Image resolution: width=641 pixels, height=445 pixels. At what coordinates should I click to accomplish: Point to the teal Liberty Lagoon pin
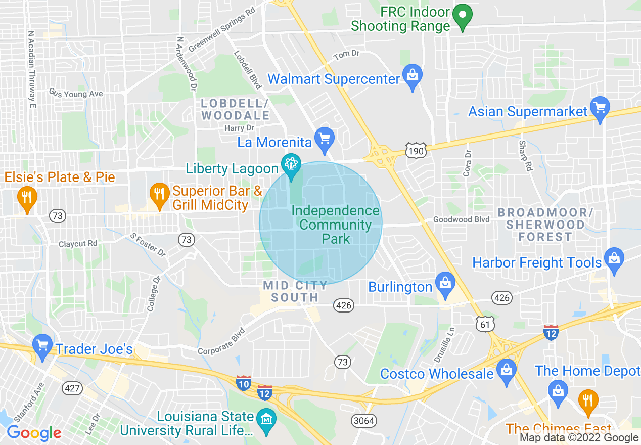tap(291, 166)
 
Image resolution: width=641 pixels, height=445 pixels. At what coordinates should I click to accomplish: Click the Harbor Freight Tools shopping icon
tap(614, 259)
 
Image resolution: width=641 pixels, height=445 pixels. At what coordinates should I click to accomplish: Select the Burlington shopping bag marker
tap(445, 284)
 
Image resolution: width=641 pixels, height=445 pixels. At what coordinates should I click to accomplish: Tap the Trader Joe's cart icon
tap(42, 346)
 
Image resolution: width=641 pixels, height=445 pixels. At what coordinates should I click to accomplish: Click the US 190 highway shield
tap(416, 150)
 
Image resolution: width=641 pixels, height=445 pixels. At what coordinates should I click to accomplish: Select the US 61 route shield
tap(485, 324)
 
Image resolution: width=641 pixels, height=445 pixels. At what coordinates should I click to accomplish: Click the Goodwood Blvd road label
tap(461, 219)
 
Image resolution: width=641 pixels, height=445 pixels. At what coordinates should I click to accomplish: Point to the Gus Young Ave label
tap(76, 94)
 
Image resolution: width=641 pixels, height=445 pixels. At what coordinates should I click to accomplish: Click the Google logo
tap(34, 433)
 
